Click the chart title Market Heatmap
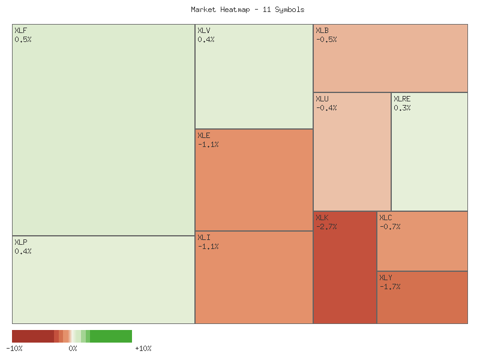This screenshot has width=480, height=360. point(247,10)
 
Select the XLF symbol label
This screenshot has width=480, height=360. point(20,30)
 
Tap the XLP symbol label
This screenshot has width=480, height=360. point(20,242)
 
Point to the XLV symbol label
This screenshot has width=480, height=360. point(204,30)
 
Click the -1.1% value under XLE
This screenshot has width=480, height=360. point(208,145)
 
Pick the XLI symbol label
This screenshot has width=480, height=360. point(204,237)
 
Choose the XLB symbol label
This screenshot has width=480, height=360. point(322,30)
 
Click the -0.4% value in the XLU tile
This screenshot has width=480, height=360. point(326,108)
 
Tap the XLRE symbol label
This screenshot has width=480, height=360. point(402,99)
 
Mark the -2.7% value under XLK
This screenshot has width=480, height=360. point(326,227)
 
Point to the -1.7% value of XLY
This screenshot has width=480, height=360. point(390,287)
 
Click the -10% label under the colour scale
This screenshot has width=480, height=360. point(14,348)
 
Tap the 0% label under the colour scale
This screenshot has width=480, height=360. point(73,348)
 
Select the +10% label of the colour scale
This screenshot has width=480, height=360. point(143,348)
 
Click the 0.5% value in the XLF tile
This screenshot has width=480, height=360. point(23,40)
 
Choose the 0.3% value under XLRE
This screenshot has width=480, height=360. point(402,108)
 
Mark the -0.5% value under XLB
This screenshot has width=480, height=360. point(326,40)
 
